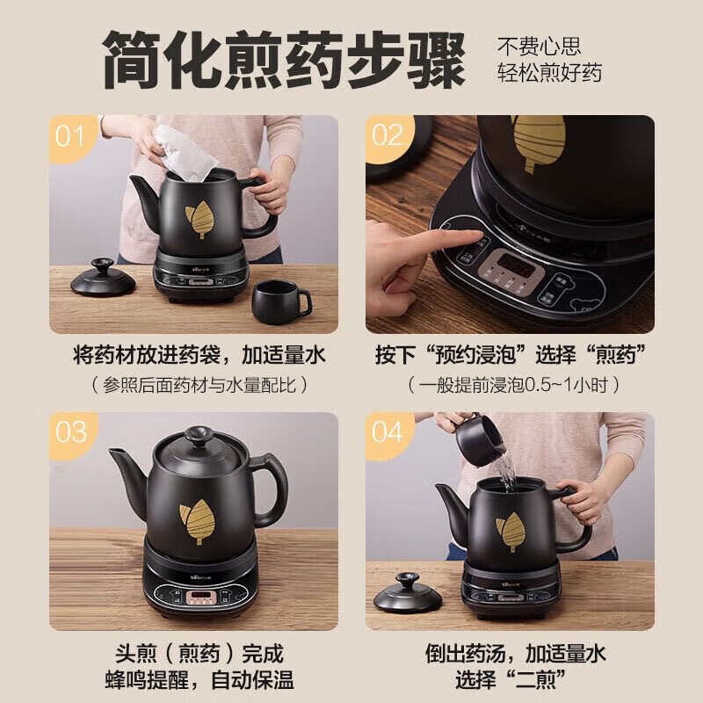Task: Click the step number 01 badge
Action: point(70,136)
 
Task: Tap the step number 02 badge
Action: point(387,136)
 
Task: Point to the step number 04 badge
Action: point(387,432)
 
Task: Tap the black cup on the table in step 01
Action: point(279,301)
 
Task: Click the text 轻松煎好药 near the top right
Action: point(551,73)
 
